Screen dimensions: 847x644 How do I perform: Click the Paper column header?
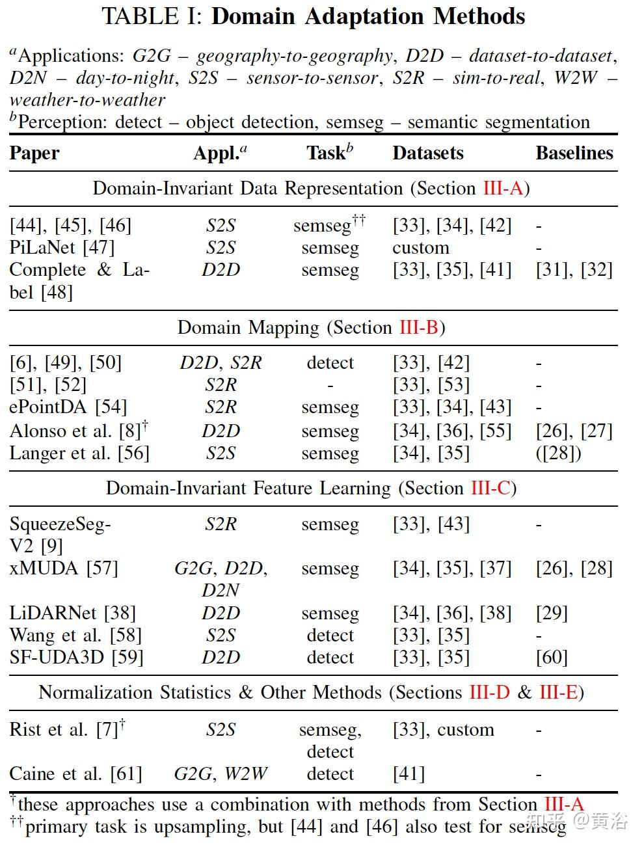coord(34,154)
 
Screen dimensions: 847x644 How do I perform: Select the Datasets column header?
coord(428,154)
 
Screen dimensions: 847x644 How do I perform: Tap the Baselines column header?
coord(574,154)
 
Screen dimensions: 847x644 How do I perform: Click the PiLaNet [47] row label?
coord(62,248)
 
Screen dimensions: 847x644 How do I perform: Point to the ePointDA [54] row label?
coord(68,407)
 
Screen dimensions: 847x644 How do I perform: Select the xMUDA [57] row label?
coord(64,569)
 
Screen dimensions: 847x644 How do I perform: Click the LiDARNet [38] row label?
coord(72,613)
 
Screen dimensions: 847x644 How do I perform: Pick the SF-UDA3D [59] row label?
coord(76,657)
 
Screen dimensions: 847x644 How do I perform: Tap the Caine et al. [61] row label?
coord(75,774)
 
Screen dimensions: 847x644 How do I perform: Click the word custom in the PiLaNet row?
coord(421,248)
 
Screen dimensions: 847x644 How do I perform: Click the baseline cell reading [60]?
coord(552,657)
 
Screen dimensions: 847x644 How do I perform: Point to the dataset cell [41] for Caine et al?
coord(409,774)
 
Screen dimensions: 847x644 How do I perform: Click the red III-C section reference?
coord(490,488)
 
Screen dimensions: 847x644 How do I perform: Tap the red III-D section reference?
coord(489,692)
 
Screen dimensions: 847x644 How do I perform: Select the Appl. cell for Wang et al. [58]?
coord(221,635)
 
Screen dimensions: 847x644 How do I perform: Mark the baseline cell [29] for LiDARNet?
coord(552,613)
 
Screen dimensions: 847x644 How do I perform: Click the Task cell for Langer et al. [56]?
coord(330,453)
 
